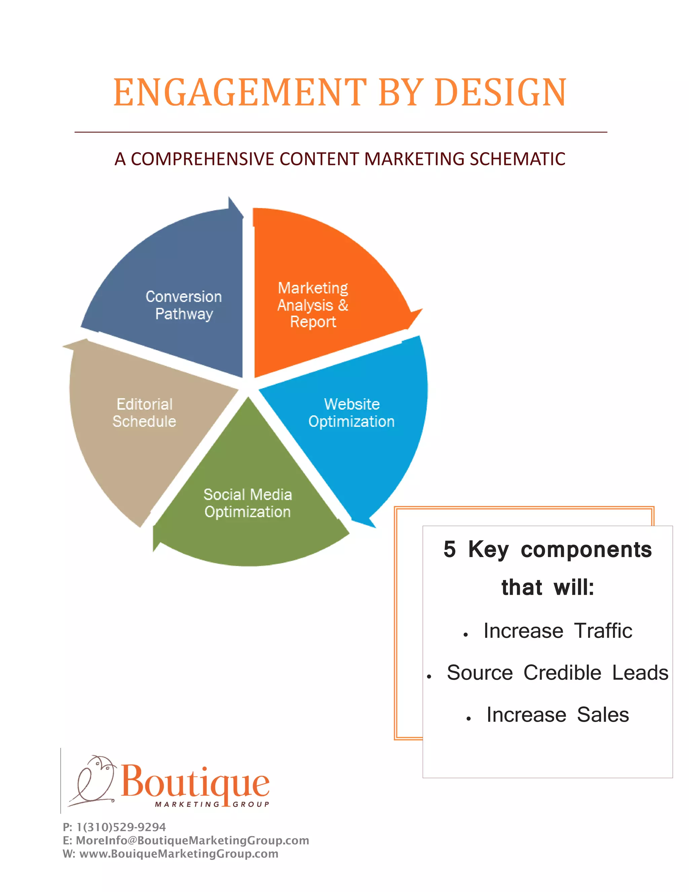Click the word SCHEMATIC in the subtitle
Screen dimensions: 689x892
pos(517,159)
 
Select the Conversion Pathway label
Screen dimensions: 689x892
pos(184,305)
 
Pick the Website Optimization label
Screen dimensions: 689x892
pos(352,413)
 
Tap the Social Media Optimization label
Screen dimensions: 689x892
pos(248,503)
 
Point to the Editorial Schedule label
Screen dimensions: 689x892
pos(144,413)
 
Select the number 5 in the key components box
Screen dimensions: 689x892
pos(449,549)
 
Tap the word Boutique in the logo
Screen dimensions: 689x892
pos(195,783)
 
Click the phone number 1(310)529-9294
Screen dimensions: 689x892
pos(121,827)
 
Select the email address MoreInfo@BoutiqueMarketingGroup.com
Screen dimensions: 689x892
pos(192,840)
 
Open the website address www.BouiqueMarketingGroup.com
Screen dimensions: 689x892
pos(179,854)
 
